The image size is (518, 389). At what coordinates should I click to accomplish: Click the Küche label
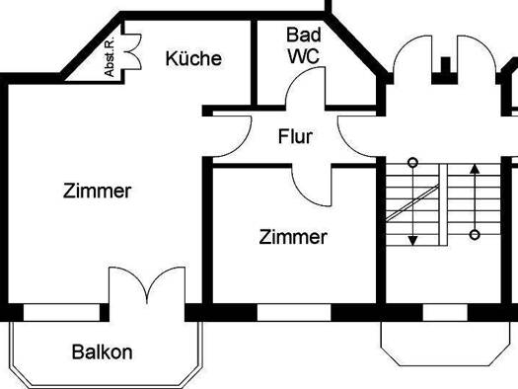[x=193, y=58]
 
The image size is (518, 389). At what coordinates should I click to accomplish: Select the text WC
[x=303, y=56]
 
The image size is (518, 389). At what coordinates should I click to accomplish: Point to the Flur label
[x=295, y=137]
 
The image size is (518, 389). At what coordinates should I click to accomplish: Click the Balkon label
[x=102, y=351]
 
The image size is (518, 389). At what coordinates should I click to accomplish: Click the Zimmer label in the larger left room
[x=96, y=191]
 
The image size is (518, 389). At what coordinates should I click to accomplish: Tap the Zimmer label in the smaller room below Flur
[x=293, y=237]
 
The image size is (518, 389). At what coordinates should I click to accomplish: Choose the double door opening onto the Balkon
[x=147, y=287]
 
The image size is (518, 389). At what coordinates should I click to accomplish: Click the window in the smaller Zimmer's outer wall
[x=294, y=312]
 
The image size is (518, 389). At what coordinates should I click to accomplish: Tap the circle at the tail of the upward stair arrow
[x=475, y=235]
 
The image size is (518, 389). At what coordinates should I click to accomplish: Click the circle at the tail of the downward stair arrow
[x=413, y=162]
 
